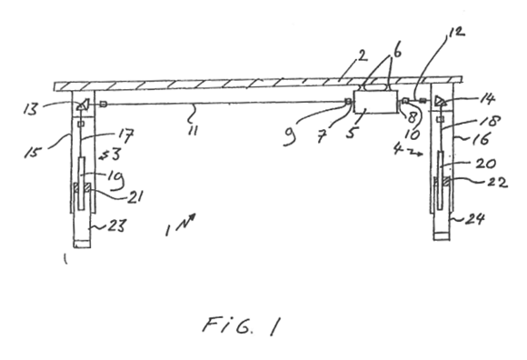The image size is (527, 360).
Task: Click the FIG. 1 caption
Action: pos(241,326)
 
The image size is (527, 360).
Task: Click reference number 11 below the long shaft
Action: pos(193,130)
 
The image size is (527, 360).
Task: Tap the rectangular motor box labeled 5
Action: pos(376,102)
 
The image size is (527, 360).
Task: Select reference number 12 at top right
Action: pos(456,31)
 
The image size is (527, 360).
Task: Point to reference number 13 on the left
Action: pos(31,109)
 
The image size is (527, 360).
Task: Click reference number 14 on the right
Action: pos(487,99)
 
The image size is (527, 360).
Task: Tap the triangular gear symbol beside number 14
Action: pos(440,101)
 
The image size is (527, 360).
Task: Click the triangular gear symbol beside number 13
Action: pos(84,105)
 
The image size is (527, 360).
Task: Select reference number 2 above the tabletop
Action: pos(362,55)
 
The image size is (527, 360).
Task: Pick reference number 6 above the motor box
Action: pos(397,52)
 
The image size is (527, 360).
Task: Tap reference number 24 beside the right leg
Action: pos(475,219)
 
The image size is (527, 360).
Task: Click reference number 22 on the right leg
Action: pos(497,183)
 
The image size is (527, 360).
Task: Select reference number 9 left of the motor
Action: pos(290,137)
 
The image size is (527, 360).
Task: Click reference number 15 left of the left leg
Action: pos(33,153)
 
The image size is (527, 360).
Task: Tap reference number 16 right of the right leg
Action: pos(482,139)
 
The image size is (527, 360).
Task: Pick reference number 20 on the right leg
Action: pos(486,164)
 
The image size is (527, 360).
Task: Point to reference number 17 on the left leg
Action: pos(125,135)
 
